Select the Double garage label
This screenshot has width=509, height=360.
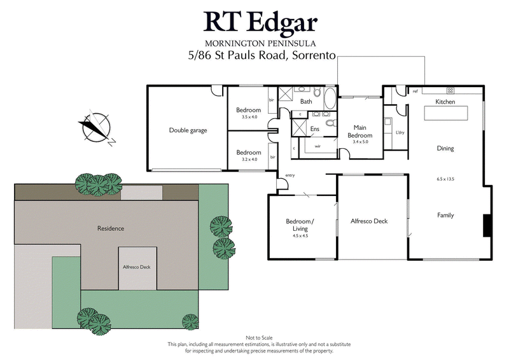[x=188, y=130]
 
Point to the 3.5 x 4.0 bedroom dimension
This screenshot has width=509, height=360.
[x=248, y=117]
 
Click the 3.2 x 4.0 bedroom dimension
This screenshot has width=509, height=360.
[x=248, y=160]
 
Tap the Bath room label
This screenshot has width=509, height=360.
[x=306, y=102]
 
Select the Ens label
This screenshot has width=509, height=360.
[x=314, y=129]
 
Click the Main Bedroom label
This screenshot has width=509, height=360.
[x=360, y=131]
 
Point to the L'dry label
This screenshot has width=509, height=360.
[x=400, y=132]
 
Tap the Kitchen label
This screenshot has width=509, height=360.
[x=445, y=102]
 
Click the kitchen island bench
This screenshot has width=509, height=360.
[x=445, y=113]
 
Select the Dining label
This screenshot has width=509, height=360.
[x=445, y=148]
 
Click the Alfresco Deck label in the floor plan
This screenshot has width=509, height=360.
[x=369, y=221]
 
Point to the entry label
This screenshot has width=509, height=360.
[x=290, y=176]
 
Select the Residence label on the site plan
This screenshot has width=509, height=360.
[x=110, y=228]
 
